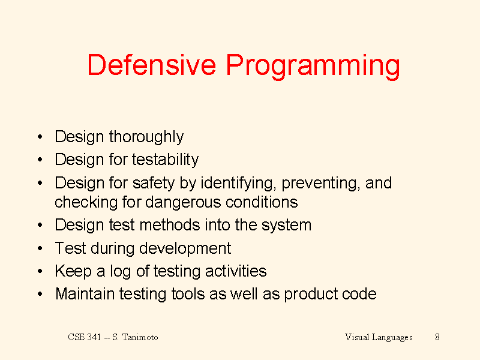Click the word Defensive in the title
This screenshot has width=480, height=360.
click(x=152, y=65)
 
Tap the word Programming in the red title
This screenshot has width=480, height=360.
click(x=313, y=67)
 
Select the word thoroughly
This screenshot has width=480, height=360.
click(x=146, y=137)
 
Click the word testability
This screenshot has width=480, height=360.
click(x=166, y=160)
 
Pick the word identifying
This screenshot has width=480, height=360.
click(x=237, y=183)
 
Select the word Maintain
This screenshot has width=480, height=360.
click(x=85, y=294)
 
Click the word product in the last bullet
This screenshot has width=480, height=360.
click(x=310, y=295)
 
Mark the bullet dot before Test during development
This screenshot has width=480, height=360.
click(x=40, y=248)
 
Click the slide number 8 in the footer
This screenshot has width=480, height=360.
click(x=437, y=337)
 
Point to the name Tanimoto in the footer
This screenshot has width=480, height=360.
click(x=140, y=337)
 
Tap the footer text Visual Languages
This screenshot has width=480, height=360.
click(x=379, y=337)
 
